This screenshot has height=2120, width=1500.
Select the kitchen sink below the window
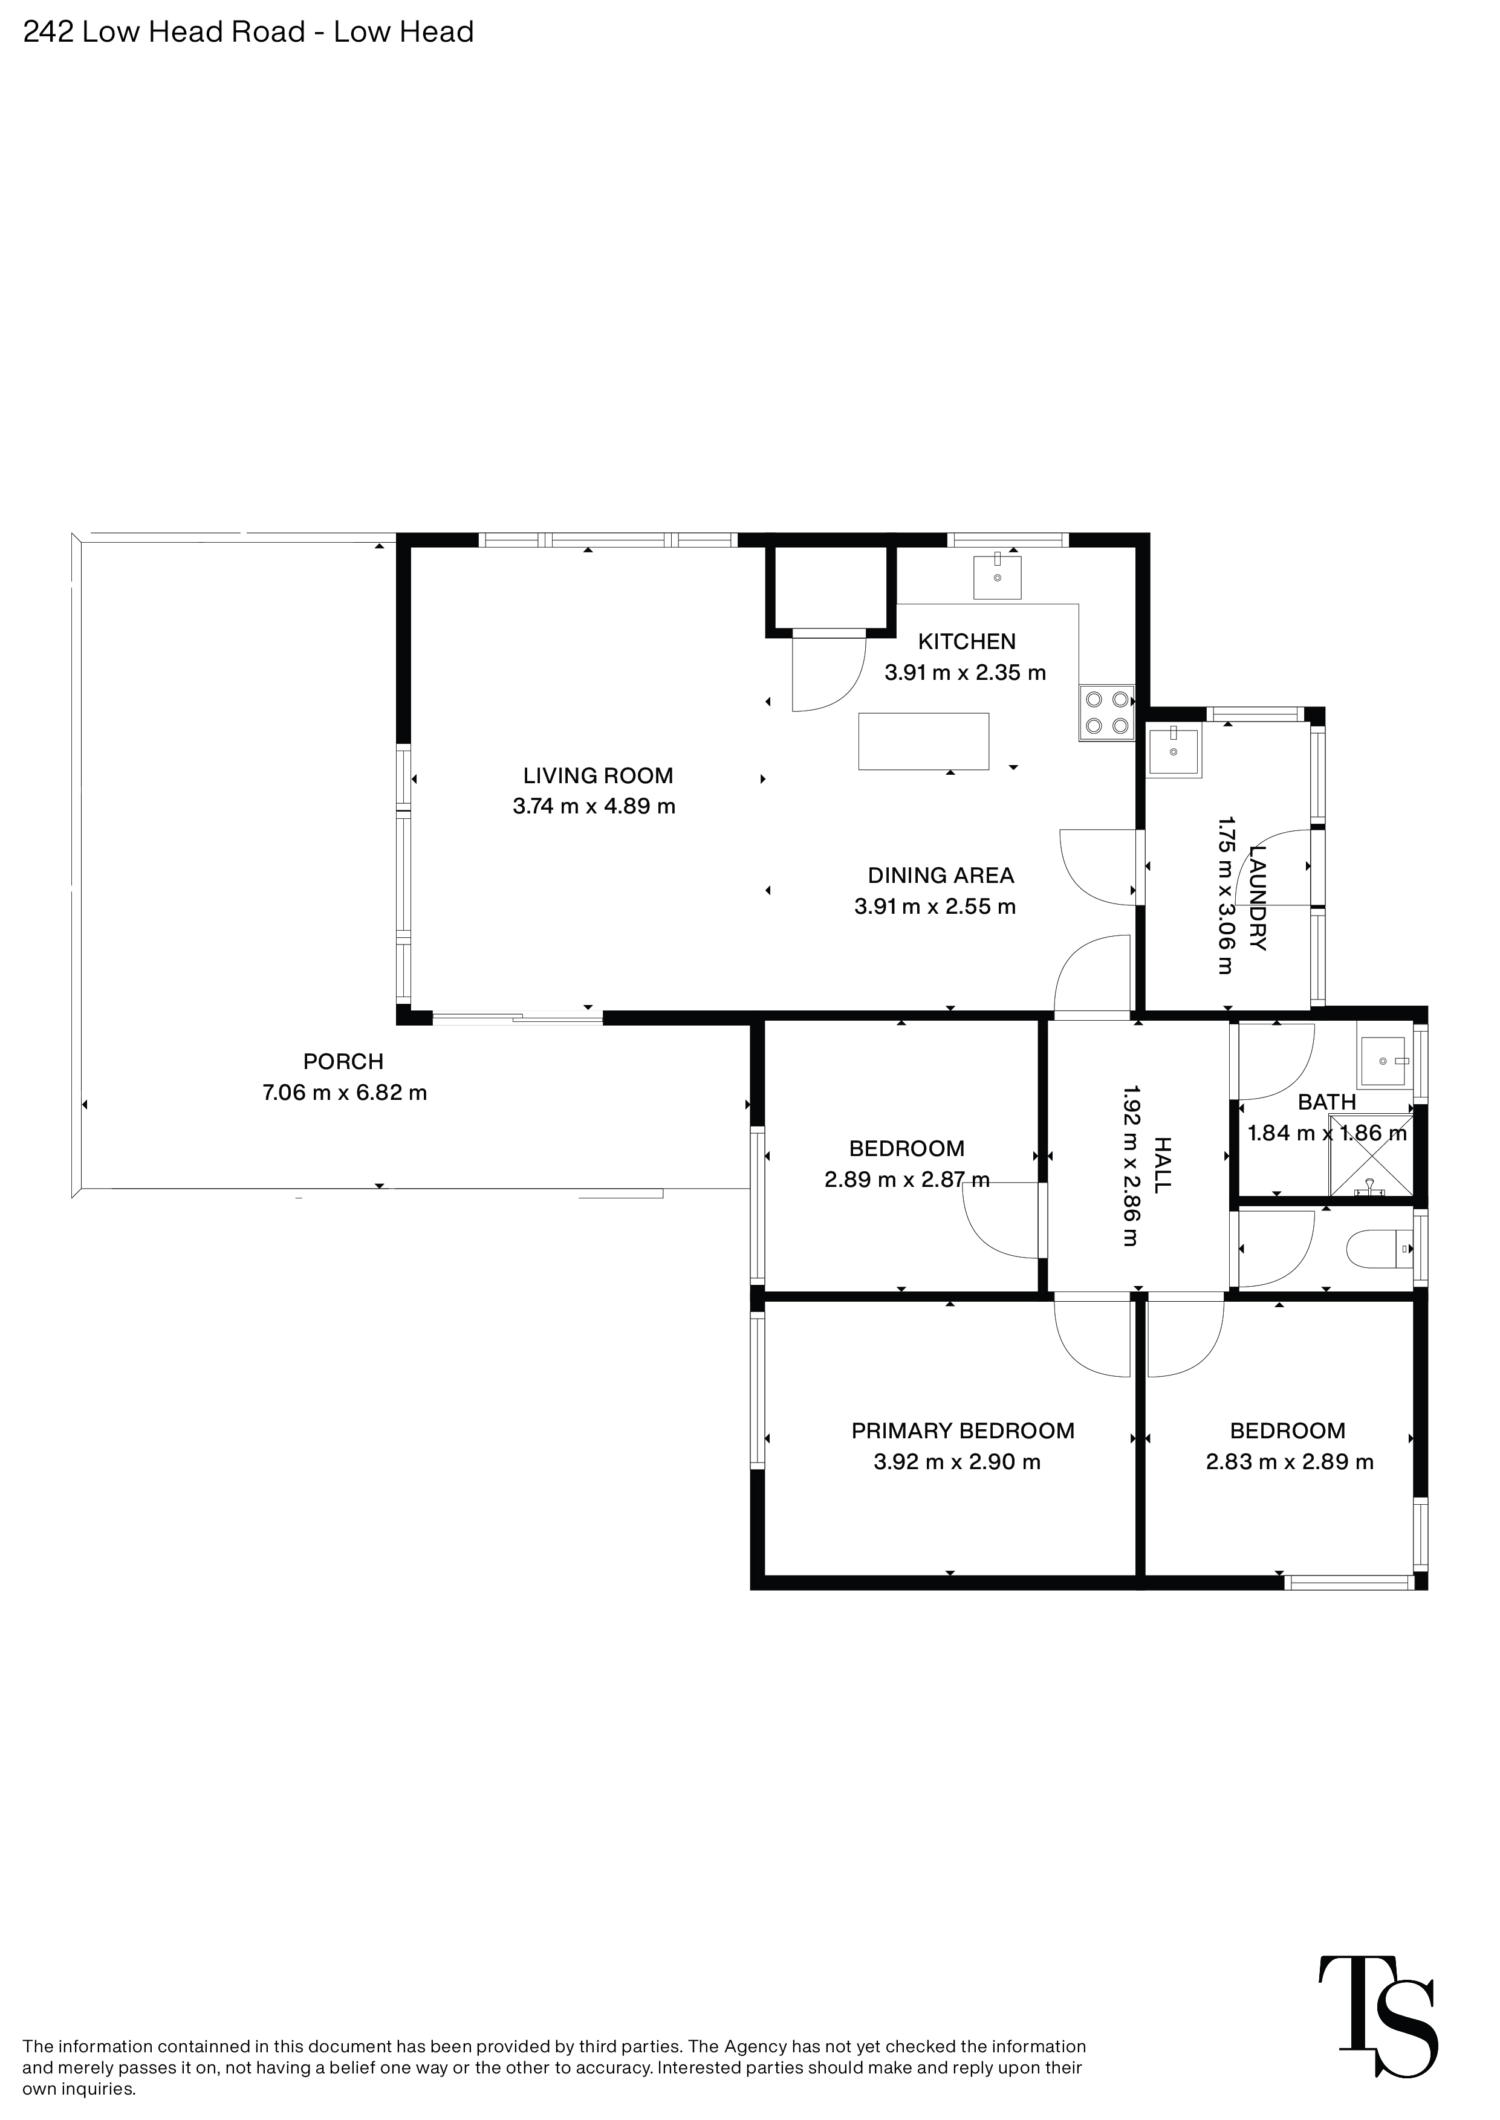[998, 577]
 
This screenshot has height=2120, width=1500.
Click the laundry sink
[1173, 752]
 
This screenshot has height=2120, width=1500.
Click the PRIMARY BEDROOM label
[963, 1430]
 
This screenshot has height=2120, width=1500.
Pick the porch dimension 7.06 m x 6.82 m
[345, 1092]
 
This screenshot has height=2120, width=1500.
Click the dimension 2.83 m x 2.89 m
[1290, 1462]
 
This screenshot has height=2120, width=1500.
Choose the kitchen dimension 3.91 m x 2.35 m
[965, 672]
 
